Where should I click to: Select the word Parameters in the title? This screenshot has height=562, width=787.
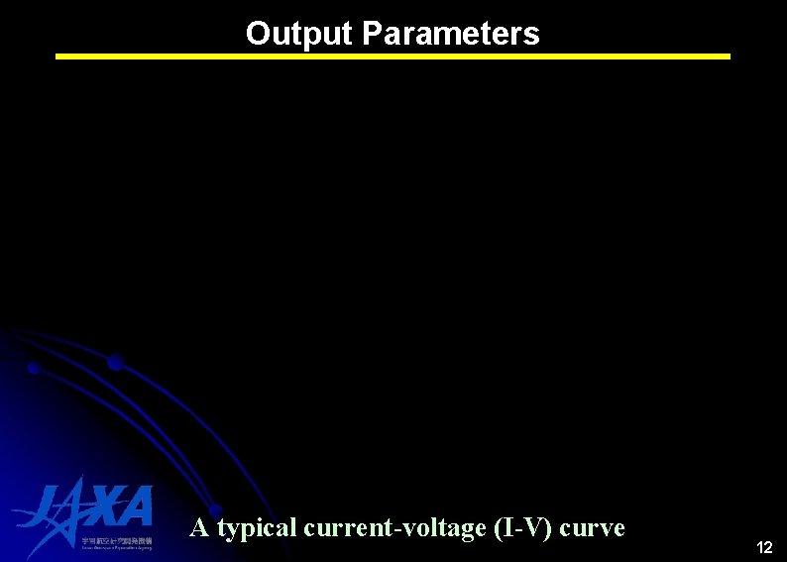click(x=451, y=34)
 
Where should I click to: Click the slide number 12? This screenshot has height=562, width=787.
click(x=764, y=548)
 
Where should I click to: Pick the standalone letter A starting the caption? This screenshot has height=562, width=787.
click(x=199, y=527)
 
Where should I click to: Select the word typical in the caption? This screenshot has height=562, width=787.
click(x=257, y=528)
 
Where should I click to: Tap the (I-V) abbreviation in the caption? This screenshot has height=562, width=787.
click(x=522, y=527)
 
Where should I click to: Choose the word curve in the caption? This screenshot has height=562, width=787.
click(x=593, y=527)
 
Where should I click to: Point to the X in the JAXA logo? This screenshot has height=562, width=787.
click(x=101, y=506)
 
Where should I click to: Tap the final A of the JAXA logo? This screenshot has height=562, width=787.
click(x=136, y=506)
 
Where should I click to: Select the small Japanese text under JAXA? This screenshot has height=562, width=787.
click(x=117, y=541)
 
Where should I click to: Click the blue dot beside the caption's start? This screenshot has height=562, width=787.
click(x=214, y=510)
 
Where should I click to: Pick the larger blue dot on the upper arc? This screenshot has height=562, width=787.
click(x=115, y=362)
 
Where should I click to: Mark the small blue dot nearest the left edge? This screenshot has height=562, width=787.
click(x=33, y=368)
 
